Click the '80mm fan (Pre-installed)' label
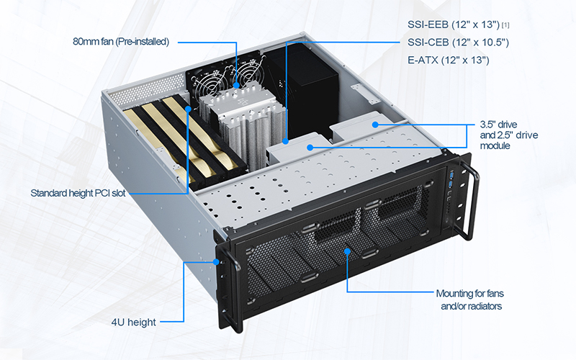click(121, 42)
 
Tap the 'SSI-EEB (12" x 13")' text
click(454, 24)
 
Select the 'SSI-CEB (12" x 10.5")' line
click(458, 42)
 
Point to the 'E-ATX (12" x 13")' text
click(448, 60)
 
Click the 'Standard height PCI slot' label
click(78, 193)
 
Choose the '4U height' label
click(134, 322)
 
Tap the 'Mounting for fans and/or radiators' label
click(470, 300)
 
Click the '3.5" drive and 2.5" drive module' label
click(509, 135)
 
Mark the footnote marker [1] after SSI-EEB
click(505, 25)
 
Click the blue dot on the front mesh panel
click(347, 251)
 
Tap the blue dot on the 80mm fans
click(236, 85)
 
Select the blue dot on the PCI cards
click(189, 109)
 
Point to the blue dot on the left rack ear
click(216, 262)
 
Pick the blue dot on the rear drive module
click(375, 125)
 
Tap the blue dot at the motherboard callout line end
click(285, 140)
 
